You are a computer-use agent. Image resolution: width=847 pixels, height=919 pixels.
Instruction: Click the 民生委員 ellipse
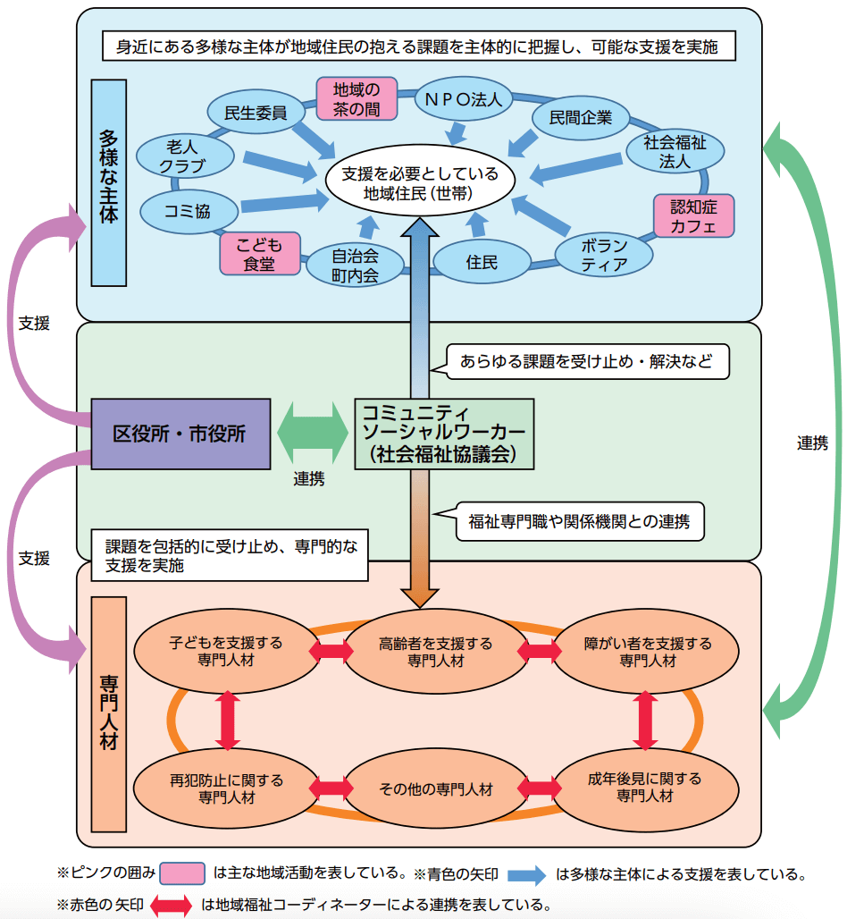click(255, 113)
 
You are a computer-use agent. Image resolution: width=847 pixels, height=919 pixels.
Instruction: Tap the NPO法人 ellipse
click(464, 99)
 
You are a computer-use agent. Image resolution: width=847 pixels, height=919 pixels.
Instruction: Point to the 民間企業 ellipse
click(581, 116)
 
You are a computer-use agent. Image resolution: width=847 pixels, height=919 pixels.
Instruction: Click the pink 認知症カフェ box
click(694, 215)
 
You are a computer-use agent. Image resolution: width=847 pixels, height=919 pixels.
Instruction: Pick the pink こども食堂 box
click(258, 254)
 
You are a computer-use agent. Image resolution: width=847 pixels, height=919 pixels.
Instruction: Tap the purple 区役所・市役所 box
click(180, 434)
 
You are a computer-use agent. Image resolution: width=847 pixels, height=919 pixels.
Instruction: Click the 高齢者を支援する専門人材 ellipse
click(435, 652)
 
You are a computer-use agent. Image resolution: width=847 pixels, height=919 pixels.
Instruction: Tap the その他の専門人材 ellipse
click(435, 788)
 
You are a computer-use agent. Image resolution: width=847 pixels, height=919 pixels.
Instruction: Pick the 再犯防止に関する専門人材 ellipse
click(226, 788)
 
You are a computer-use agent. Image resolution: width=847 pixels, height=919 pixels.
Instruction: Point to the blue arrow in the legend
click(526, 873)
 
